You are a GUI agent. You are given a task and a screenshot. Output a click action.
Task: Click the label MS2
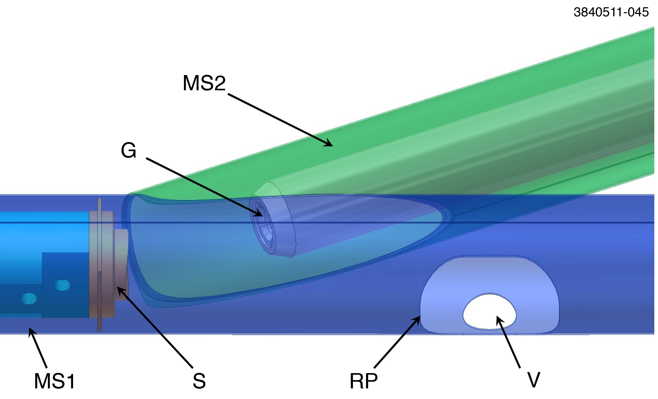(x=204, y=83)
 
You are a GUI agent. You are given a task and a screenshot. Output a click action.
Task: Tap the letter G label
(x=128, y=150)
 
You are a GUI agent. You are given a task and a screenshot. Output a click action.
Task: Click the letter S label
(x=199, y=381)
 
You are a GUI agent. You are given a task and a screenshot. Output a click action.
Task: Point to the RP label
(x=363, y=381)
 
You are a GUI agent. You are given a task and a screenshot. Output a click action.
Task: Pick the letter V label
(x=534, y=380)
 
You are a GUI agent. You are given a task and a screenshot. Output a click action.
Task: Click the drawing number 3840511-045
(x=611, y=12)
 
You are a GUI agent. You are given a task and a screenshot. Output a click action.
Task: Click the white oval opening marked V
(x=490, y=312)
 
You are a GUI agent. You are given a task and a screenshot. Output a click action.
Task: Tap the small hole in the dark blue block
(x=62, y=285)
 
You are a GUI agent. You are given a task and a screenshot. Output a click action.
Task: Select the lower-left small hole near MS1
(x=28, y=298)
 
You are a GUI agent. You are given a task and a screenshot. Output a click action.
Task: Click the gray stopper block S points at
(x=121, y=264)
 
